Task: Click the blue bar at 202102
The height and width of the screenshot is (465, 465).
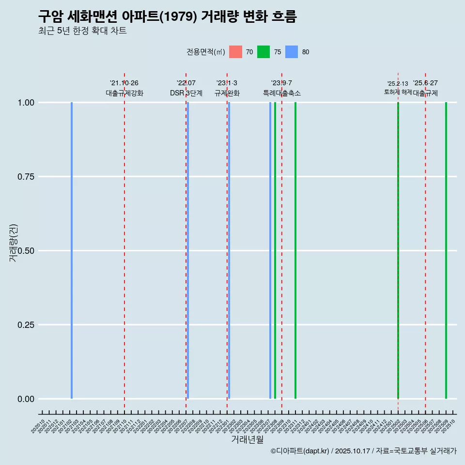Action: [x=72, y=250]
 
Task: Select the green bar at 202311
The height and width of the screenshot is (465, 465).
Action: [x=295, y=250]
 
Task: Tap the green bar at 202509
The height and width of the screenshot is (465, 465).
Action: [x=446, y=250]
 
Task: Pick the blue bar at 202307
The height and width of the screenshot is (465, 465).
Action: [x=270, y=250]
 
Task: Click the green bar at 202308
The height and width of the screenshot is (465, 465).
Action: [x=275, y=250]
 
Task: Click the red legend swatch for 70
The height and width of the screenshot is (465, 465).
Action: [x=235, y=52]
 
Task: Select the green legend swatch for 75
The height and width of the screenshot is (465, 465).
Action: [x=263, y=52]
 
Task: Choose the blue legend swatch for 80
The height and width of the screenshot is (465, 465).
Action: [x=292, y=52]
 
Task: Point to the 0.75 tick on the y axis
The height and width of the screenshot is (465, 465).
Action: [x=26, y=177]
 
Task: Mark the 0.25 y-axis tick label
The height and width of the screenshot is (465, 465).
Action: [x=26, y=325]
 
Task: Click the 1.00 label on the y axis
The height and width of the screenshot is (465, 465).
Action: [x=26, y=103]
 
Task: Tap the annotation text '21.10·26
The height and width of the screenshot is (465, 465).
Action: [x=124, y=83]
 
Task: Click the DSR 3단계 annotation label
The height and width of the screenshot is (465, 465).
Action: [x=186, y=93]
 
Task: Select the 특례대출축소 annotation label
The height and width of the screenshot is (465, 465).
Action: [x=282, y=93]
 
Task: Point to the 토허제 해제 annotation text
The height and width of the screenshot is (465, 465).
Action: [x=398, y=92]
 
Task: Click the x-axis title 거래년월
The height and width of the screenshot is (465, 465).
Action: [x=248, y=439]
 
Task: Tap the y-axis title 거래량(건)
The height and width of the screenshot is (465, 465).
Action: [x=14, y=243]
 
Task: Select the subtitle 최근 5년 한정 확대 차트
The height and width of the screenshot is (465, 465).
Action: [x=82, y=31]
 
